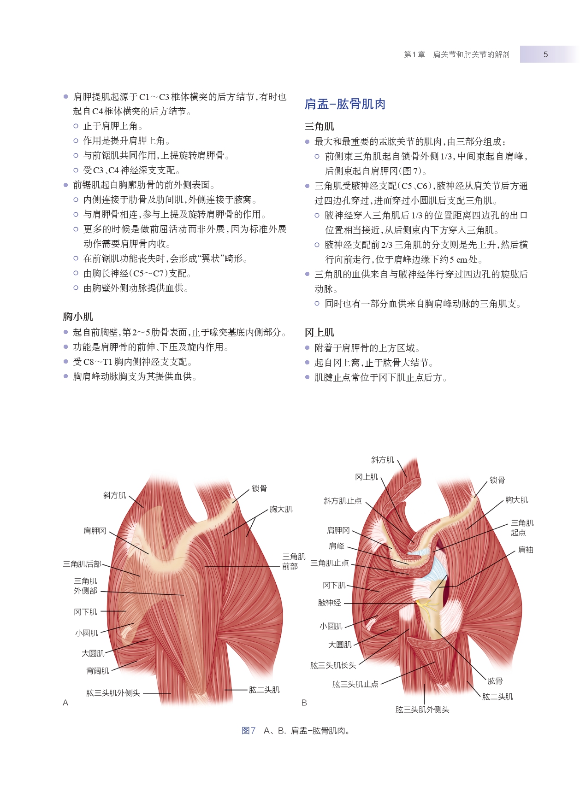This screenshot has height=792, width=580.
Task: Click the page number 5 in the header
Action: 545,54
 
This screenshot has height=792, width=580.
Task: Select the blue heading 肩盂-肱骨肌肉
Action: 345,104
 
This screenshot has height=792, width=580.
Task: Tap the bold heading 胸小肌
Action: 78,317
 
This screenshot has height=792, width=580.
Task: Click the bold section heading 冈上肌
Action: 320,332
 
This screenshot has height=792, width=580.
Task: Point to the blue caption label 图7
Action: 249,730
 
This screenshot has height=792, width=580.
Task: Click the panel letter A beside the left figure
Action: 65,703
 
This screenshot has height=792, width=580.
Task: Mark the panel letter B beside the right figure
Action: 304,703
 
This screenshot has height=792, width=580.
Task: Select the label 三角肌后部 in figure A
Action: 82,563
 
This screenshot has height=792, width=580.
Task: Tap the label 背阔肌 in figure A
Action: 98,671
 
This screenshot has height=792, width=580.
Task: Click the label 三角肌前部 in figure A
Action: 294,561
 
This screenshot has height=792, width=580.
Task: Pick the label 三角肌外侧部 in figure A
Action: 86,586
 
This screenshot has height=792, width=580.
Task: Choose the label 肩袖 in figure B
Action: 526,550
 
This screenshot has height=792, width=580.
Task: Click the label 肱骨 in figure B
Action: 495,681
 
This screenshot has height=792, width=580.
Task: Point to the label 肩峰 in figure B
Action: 337,546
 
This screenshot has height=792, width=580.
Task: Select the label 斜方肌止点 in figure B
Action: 343,501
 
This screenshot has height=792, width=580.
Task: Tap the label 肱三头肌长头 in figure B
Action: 333,665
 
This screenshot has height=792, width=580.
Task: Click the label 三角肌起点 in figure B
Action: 522,528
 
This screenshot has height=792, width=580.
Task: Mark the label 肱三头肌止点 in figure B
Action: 355,684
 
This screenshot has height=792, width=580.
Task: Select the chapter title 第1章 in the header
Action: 414,54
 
